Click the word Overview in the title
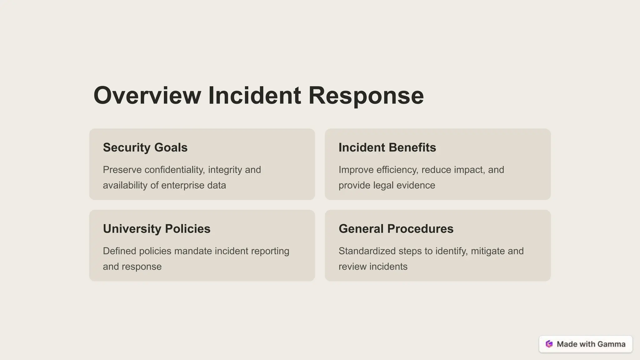coord(147,95)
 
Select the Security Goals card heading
coord(145,147)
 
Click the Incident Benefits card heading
coord(387,147)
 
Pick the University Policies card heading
coord(157,229)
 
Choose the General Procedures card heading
coord(396,229)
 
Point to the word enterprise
coord(183,185)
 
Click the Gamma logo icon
coord(549,344)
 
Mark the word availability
coord(125,185)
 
